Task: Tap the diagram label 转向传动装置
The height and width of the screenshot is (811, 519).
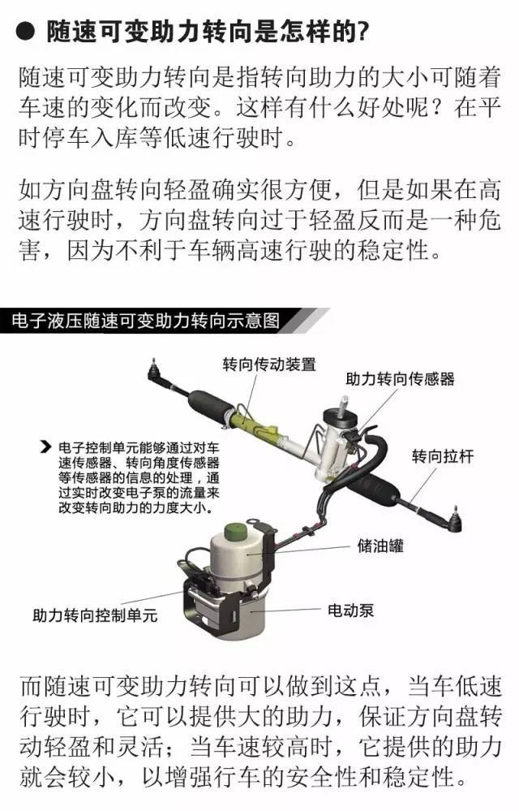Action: pyautogui.click(x=269, y=365)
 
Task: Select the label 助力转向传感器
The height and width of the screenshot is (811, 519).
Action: pyautogui.click(x=400, y=379)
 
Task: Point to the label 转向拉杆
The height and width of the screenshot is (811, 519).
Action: pyautogui.click(x=443, y=457)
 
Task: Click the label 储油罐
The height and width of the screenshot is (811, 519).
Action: pyautogui.click(x=380, y=546)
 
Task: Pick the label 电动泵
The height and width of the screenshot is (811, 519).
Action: pyautogui.click(x=350, y=610)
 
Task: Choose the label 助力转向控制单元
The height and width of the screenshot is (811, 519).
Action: pyautogui.click(x=95, y=615)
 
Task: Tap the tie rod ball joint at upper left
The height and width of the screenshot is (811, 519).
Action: pyautogui.click(x=154, y=370)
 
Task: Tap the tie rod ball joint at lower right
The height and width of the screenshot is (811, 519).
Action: pyautogui.click(x=453, y=520)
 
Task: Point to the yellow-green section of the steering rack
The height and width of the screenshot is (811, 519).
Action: pyautogui.click(x=256, y=423)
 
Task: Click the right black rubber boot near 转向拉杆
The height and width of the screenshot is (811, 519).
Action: pyautogui.click(x=374, y=490)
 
